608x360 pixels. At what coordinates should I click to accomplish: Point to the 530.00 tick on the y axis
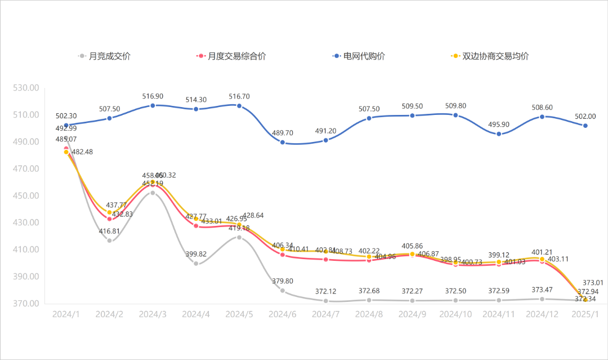tap(26, 88)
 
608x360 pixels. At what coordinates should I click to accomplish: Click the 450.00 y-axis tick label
tap(26, 195)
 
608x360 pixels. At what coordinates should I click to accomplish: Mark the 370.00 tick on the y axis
tap(26, 304)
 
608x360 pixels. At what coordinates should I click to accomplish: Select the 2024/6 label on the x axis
tap(282, 314)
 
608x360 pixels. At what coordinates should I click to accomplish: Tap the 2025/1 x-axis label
tap(585, 314)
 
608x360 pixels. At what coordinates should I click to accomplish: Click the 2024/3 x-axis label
tap(153, 314)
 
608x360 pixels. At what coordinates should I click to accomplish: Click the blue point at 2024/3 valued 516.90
tap(153, 105)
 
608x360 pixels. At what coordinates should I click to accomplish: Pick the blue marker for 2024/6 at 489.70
tap(283, 143)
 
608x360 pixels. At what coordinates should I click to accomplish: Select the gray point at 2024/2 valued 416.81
tap(110, 241)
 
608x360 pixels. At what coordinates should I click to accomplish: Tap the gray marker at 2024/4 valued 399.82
tap(196, 263)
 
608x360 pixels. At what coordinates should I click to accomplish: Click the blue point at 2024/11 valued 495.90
tap(499, 134)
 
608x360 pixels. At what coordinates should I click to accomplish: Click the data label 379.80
tap(283, 281)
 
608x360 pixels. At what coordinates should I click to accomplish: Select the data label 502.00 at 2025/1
tap(585, 116)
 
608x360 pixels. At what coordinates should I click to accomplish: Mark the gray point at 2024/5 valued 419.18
tap(239, 237)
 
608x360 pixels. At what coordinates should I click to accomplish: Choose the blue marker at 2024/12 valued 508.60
tap(542, 117)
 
